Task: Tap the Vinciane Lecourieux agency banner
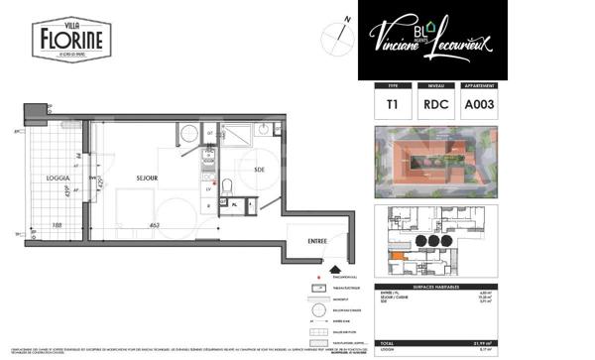pos(432,39)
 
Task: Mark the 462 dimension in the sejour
pos(156,226)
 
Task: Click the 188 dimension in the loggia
pos(58,226)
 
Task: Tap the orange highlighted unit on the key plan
pos(398,260)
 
